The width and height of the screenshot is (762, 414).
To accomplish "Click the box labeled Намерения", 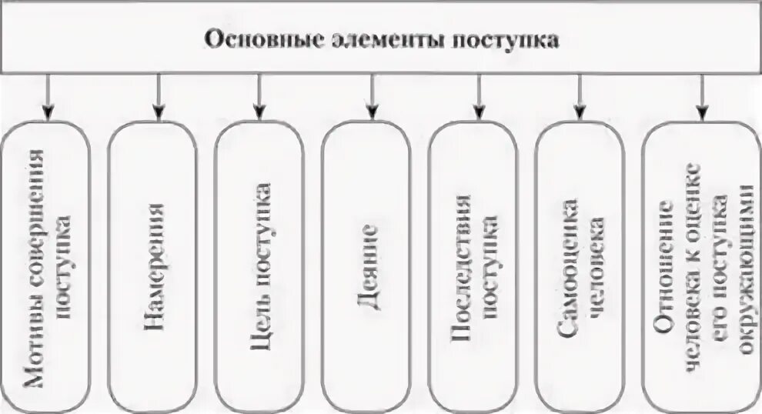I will [152, 265].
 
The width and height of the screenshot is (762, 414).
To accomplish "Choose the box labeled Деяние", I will [366, 265].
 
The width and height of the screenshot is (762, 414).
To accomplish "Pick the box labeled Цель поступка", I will [259, 265].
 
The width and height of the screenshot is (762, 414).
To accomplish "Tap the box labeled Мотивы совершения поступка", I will [45, 265].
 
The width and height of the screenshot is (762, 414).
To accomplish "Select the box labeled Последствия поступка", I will [473, 265].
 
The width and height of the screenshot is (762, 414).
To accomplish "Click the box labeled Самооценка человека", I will [580, 265].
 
